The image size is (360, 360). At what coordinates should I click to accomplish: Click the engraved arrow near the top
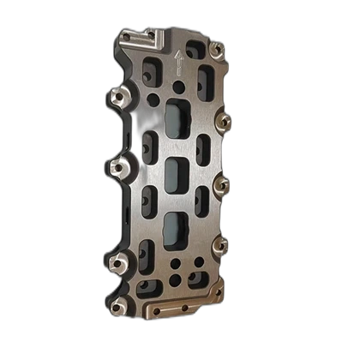tap(178, 61)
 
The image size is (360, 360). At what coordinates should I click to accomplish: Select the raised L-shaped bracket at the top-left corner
tap(141, 38)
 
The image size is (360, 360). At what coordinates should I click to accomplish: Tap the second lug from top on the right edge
tap(224, 122)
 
